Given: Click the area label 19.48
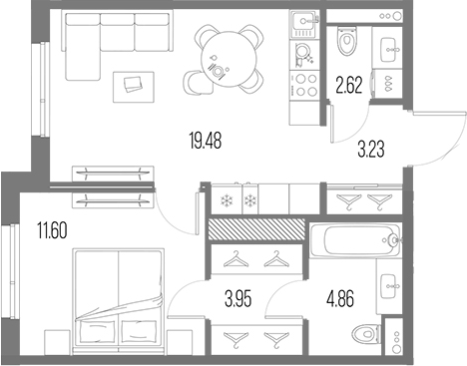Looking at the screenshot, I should coord(204,142).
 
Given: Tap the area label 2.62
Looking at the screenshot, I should coord(348,84).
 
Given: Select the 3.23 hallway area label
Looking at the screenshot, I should coord(373,151).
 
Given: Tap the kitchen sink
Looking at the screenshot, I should coord(301,24).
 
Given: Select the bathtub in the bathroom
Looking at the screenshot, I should coord(355,239).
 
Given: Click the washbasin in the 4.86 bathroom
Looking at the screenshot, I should coord(390,286).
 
